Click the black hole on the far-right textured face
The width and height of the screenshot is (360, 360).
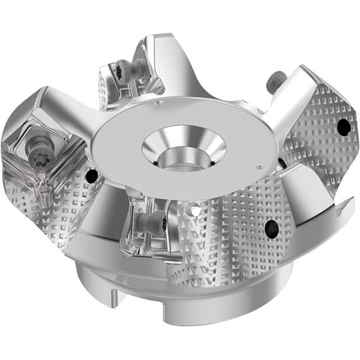pyautogui.click(x=343, y=127)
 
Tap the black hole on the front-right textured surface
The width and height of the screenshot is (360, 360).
pyautogui.click(x=271, y=226)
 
